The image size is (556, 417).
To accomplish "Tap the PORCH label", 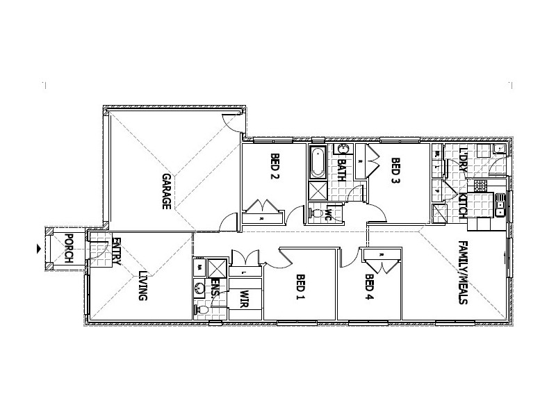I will point(69,248).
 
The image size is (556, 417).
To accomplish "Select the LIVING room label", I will point(142,286).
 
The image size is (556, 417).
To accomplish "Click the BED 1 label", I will point(300,288).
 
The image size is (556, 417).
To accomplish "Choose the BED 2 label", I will point(274,167).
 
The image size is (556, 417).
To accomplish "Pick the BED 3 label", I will point(395,171).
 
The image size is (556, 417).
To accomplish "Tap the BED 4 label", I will point(369,288).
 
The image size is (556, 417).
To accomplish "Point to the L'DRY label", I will point(464,162).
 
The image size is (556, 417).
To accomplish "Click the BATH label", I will point(341,170).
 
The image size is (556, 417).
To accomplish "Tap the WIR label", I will point(244,300).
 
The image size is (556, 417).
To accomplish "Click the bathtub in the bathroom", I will point(318,162).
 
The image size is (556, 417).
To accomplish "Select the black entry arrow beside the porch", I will point(38,247).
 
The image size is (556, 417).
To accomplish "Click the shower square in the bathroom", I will point(318,191).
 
